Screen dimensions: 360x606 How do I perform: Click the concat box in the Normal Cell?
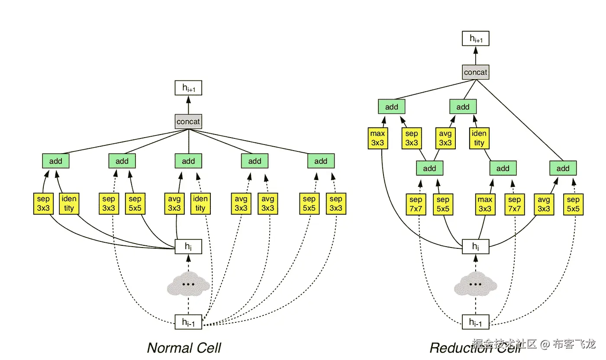pos(188,122)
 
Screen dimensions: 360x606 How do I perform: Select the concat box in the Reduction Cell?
pos(475,72)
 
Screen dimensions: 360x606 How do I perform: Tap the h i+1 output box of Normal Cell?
pos(188,88)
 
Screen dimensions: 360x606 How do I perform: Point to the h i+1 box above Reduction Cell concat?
pos(475,39)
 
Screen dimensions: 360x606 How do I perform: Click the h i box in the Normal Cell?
pos(188,247)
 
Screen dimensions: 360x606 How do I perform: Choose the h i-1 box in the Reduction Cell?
pos(475,322)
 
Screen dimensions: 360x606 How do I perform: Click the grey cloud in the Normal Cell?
pos(188,284)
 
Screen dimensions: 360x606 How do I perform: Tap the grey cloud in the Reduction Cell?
pos(475,284)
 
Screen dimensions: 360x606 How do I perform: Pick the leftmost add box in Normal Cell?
pos(55,161)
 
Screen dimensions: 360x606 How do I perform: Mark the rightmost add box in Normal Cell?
pos(321,161)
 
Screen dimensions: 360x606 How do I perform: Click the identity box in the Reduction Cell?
pos(479,138)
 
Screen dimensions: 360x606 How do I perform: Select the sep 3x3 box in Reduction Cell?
pos(412,138)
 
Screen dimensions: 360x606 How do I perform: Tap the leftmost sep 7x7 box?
pos(416,204)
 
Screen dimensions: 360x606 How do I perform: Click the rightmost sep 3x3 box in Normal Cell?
pos(335,204)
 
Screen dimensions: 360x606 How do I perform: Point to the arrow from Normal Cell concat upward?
pos(188,105)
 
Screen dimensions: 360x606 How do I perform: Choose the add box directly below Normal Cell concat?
pos(188,161)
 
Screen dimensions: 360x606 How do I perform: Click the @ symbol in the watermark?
pos(545,344)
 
